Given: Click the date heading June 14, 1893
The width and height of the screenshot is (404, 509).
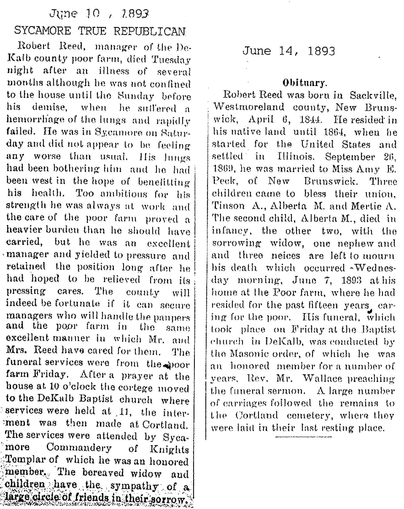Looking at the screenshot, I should click(x=288, y=51).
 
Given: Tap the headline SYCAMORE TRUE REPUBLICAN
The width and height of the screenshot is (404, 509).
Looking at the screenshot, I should click(x=100, y=30).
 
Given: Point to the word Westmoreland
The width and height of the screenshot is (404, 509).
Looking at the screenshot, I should click(x=249, y=107).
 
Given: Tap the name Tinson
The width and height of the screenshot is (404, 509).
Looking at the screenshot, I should click(x=228, y=206).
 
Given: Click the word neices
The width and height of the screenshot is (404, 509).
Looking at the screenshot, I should click(x=286, y=256).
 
